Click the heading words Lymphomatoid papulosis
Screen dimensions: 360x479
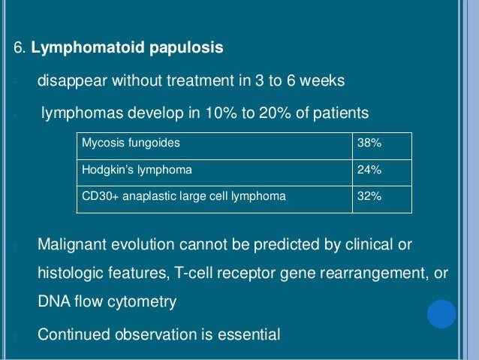[126, 49]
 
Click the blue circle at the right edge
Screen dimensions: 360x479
[441, 314]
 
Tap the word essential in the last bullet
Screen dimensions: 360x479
[247, 333]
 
